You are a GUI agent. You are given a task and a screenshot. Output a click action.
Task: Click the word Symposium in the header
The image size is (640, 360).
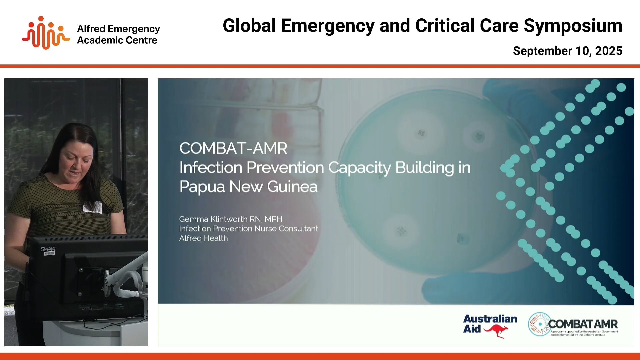point(572,26)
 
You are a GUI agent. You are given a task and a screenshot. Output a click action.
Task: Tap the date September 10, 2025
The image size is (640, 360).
point(567,51)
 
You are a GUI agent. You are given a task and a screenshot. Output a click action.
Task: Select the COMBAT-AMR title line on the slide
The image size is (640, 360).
point(233,148)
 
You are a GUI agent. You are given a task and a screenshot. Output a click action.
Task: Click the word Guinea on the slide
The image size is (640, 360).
point(292,187)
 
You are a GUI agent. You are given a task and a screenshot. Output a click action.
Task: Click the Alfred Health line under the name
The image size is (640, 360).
point(203,238)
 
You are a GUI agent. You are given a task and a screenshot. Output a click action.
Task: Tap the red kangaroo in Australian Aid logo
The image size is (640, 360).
point(496,331)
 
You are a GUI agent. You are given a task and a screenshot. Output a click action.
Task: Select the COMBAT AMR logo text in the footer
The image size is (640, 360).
point(583,324)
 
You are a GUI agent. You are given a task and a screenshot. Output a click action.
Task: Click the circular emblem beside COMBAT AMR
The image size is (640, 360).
point(539,324)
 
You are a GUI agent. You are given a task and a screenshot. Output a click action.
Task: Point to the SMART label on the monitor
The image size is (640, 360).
point(49,249)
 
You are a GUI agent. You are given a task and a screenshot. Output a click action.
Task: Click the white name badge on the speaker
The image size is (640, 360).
point(92,207)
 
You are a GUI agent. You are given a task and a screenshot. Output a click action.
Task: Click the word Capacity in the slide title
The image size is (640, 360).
point(359,168)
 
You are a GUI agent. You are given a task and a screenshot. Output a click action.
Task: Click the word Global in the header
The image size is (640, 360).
point(249,26)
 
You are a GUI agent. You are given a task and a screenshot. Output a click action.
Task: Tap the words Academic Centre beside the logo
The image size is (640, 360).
point(117,40)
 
